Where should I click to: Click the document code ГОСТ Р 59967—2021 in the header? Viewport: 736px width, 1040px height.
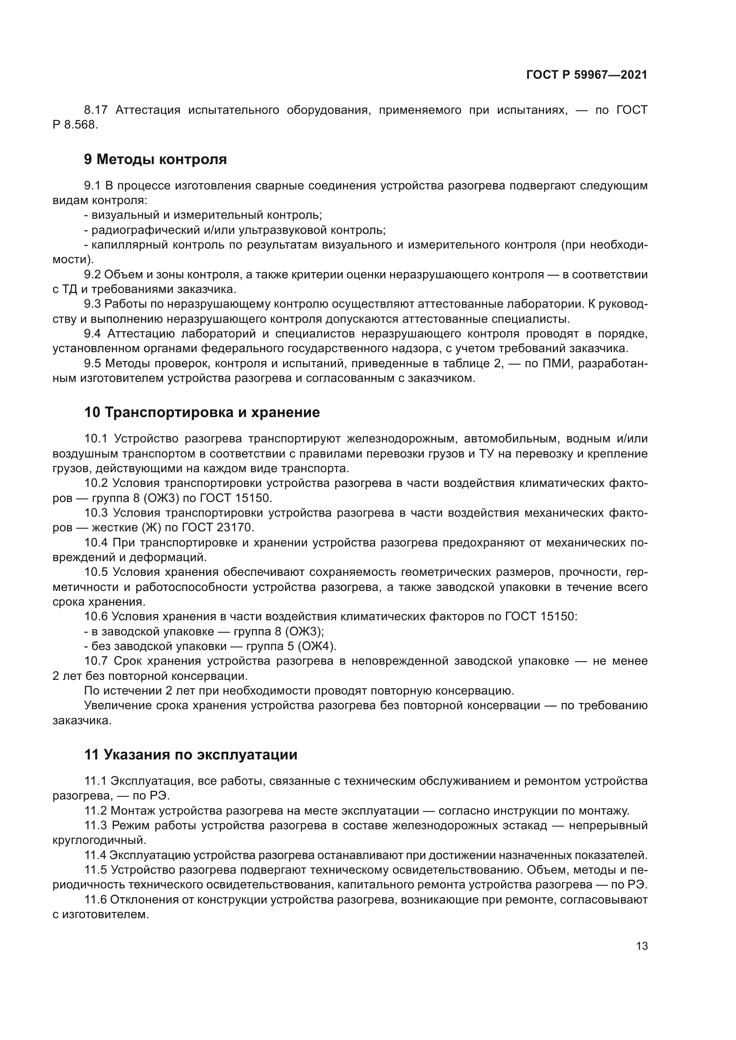[x=586, y=75]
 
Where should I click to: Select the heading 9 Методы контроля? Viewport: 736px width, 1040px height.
[x=155, y=160]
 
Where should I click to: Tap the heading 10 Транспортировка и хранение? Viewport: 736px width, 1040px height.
[x=202, y=412]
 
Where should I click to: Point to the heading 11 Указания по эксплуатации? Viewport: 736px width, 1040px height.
[x=191, y=755]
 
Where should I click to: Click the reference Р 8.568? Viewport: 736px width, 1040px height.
[x=75, y=124]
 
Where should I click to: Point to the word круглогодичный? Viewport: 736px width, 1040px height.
[x=99, y=840]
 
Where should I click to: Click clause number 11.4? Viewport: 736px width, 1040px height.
[x=95, y=855]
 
